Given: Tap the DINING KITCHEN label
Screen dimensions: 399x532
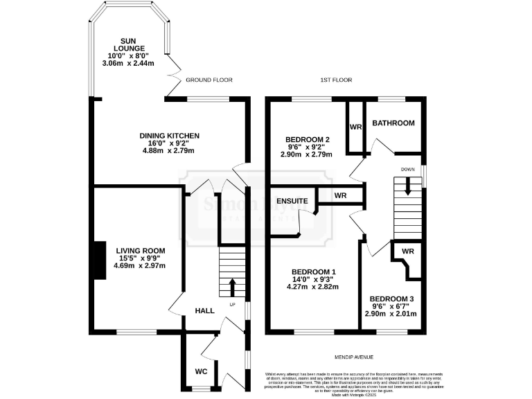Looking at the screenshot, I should pos(170,136).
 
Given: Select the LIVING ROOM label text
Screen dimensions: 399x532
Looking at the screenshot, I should pos(140,251).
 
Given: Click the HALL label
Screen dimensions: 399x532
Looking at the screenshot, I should pos(204,311).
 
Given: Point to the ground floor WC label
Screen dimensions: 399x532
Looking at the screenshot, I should pos(201,372).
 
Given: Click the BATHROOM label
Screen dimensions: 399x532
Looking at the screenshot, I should pos(393,123).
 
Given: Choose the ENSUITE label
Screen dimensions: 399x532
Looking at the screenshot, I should pos(293,201).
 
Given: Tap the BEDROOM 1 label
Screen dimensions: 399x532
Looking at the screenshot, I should pos(314,272).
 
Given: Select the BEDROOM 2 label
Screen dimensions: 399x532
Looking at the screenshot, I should pos(308,140).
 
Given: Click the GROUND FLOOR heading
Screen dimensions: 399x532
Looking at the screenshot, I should pos(208,80).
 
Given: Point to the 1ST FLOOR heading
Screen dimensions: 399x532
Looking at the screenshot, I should pos(336,80).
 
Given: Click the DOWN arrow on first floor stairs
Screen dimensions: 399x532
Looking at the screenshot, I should pos(407,185).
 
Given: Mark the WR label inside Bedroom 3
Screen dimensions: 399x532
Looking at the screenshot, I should pos(407,251).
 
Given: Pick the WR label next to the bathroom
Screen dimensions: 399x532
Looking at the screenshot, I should pos(356,127).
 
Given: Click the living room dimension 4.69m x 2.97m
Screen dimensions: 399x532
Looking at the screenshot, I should pos(140,265).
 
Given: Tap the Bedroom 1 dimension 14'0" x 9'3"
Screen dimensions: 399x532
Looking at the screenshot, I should pos(314,281).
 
